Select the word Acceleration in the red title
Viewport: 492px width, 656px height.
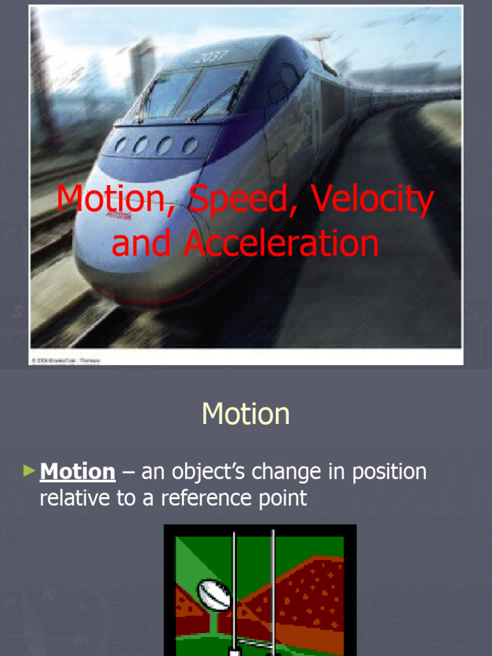281,244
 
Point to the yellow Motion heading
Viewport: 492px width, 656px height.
245,414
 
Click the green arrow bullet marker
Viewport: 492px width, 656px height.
28,471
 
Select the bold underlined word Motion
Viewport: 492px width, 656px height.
78,472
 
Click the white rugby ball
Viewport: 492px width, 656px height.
213,595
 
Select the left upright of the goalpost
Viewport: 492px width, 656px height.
234,589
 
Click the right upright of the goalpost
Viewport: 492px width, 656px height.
273,589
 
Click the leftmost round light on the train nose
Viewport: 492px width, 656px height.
120,145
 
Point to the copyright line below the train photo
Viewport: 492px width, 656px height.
65,361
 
